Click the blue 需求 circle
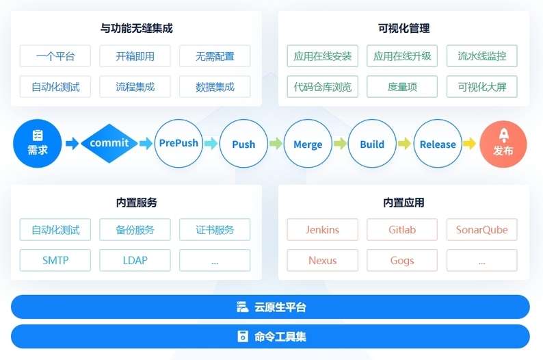tap(38, 144)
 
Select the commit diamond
tap(109, 144)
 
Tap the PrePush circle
tap(178, 144)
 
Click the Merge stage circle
tap(308, 144)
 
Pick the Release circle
tap(438, 144)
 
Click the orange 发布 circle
tap(503, 144)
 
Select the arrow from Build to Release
tap(404, 144)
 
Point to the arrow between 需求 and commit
tap(72, 144)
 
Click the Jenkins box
tap(322, 229)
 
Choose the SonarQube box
tap(481, 229)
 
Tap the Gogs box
tap(402, 260)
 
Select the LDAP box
tap(135, 260)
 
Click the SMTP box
tap(55, 260)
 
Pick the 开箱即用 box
tap(135, 56)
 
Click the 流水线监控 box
tap(481, 56)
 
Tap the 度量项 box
tap(402, 87)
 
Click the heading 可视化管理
tap(403, 29)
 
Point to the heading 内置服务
tap(137, 203)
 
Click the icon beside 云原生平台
tap(242, 307)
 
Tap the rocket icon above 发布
tap(504, 136)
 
